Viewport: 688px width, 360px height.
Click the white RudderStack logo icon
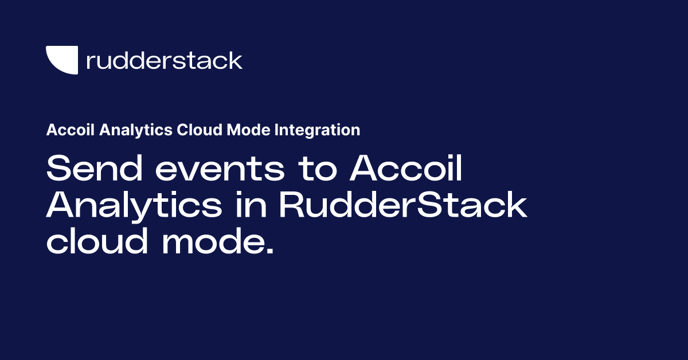61,60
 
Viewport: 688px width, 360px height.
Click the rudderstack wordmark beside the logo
164,60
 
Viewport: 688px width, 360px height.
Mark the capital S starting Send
57,170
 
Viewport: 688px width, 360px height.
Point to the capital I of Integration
277,130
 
